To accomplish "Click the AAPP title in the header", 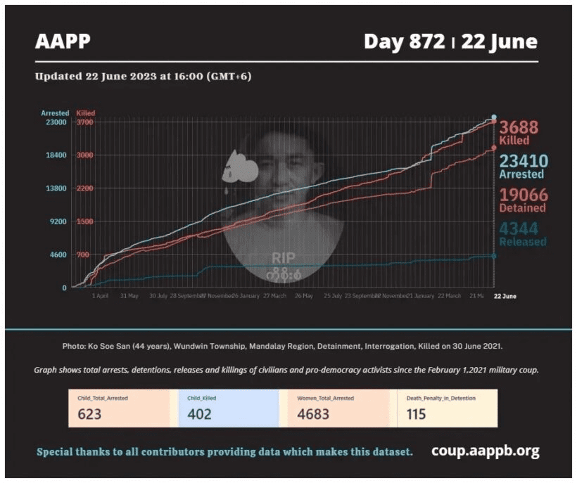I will [x=63, y=41].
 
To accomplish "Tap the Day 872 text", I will [x=404, y=41].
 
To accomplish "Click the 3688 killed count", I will [x=519, y=127].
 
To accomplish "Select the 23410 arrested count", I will [x=523, y=161].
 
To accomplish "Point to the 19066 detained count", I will [x=523, y=195].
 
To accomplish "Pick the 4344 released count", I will [x=523, y=229].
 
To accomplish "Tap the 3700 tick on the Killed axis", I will [x=84, y=122].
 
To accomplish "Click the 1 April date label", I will [x=100, y=296].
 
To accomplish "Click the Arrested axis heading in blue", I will [x=55, y=112].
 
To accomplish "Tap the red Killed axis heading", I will [x=85, y=112].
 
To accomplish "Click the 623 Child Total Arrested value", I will [x=89, y=413].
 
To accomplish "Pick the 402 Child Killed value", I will [x=199, y=413].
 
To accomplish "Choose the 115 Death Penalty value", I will [x=416, y=413].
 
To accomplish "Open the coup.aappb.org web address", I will [x=485, y=451].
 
